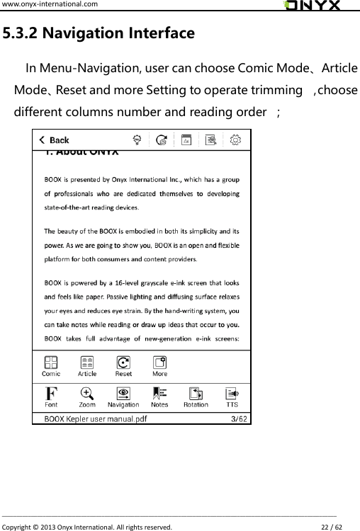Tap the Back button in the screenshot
click(55, 140)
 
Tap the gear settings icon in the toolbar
click(236, 140)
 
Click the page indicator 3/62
click(240, 418)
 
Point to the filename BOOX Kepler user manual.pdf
click(96, 418)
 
